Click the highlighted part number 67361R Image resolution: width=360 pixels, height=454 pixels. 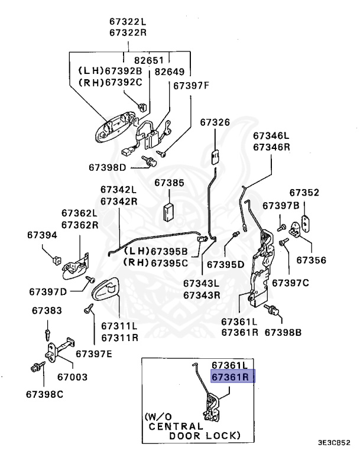coord(232,377)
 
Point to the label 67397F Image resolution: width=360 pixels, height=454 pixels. coord(191,85)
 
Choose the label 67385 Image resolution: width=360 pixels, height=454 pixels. coord(170,183)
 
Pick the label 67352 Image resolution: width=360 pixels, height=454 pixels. coord(304,193)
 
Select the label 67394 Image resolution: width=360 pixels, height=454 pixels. coord(42,235)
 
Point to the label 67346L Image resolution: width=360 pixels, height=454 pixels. coord(271,135)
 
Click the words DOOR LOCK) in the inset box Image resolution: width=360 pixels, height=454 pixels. coord(205,435)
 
